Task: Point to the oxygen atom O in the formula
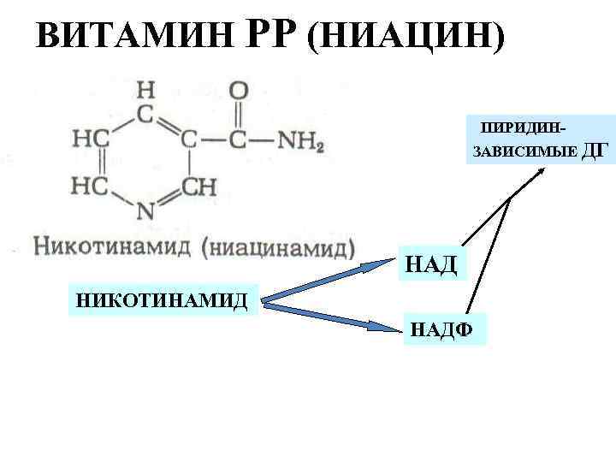[239, 90]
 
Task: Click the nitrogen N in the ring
[145, 210]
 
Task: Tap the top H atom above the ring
[146, 89]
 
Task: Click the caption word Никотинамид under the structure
[111, 248]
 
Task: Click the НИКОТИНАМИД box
[163, 300]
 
